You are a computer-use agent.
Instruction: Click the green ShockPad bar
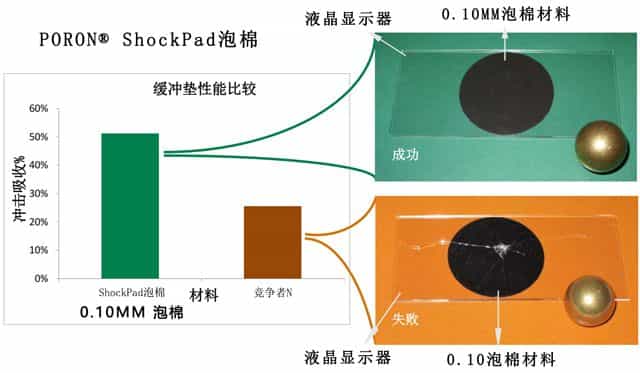(129, 205)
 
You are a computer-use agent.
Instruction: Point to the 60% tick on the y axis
(37, 108)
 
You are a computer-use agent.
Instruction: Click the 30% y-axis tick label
(37, 193)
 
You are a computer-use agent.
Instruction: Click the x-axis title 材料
(206, 294)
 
